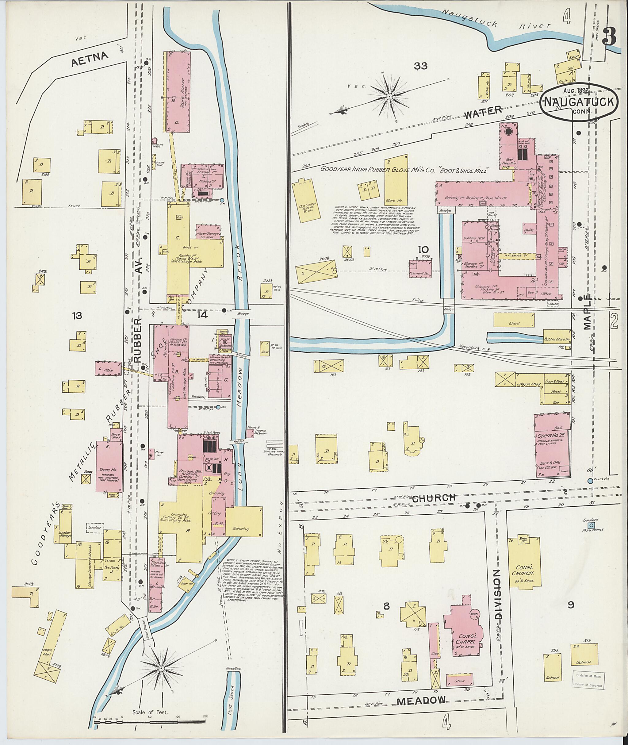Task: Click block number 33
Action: (x=420, y=66)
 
